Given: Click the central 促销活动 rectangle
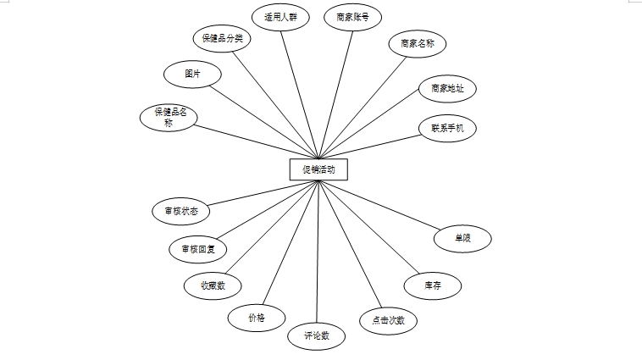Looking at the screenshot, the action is click(x=318, y=169).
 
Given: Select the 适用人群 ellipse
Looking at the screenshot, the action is click(x=279, y=18).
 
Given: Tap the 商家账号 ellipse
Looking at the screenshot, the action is click(x=352, y=18).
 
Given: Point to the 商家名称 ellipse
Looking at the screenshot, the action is click(x=418, y=44).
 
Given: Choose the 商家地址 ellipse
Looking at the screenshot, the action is click(x=447, y=88).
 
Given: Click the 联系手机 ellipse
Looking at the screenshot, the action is click(x=447, y=129).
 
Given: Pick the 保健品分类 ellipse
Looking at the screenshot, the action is click(x=222, y=38).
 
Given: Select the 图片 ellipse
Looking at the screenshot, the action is click(x=193, y=74).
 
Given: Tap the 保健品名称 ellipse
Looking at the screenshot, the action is click(x=169, y=118).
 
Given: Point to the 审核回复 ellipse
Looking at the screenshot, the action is click(x=197, y=249).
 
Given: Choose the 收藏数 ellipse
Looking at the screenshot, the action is click(x=213, y=285).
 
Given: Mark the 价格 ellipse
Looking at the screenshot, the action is click(x=256, y=318).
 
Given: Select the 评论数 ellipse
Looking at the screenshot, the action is click(x=316, y=336).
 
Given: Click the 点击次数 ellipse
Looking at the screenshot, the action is click(x=388, y=320).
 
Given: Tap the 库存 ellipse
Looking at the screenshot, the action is click(x=433, y=285).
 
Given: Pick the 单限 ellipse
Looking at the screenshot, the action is click(x=463, y=239).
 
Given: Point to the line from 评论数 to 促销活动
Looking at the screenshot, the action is click(x=317, y=254).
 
